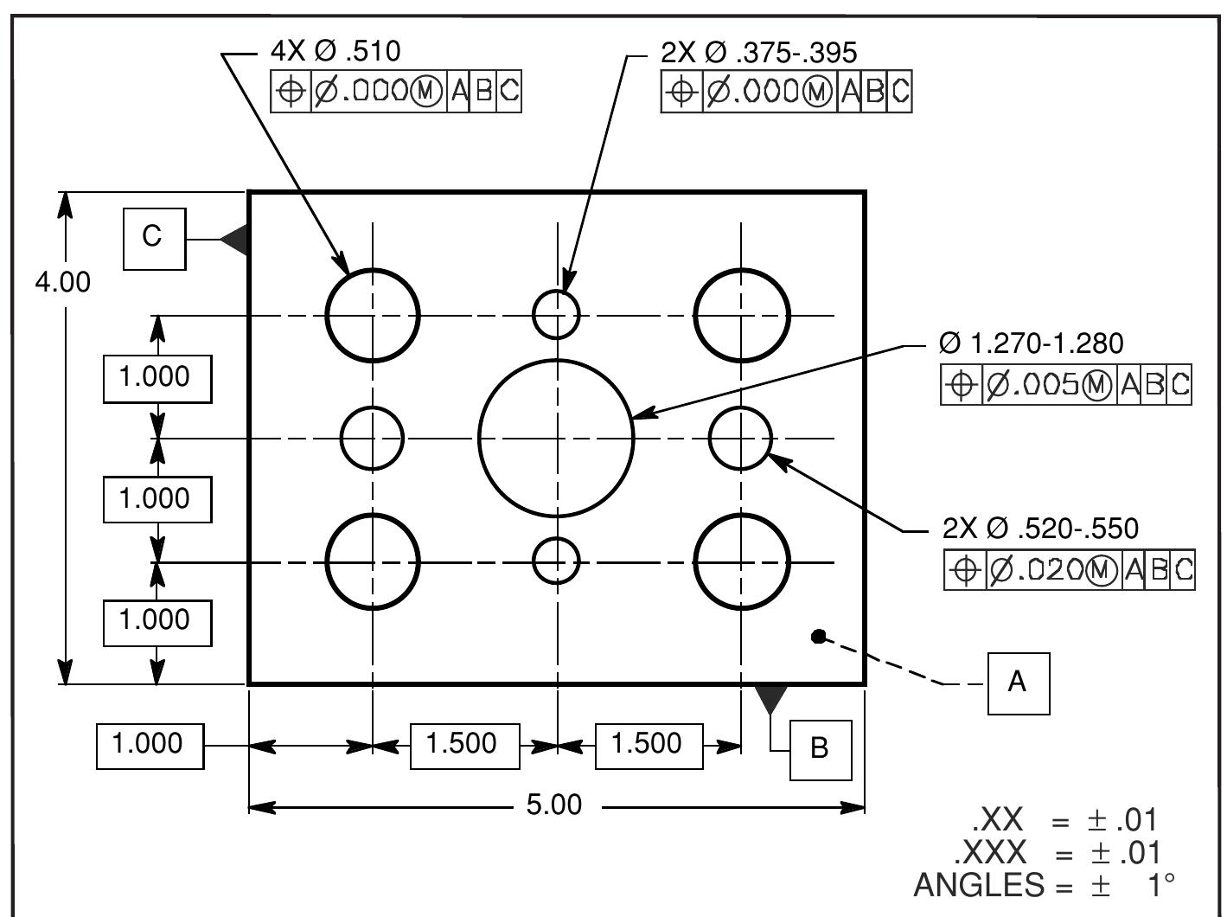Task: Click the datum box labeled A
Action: (1019, 683)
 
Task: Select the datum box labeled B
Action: (821, 749)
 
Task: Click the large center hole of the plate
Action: (557, 438)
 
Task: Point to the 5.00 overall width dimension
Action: (554, 805)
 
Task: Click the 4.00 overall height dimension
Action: (62, 282)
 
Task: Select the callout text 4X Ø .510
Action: (336, 51)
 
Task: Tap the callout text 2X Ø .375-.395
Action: (758, 53)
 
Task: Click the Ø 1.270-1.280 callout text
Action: (1031, 343)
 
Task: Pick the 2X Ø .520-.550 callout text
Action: (1040, 529)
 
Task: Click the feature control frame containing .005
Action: (1065, 385)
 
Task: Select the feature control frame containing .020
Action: (1069, 570)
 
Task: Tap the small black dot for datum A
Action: (818, 637)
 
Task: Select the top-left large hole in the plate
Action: (373, 315)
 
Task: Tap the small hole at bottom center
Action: (556, 561)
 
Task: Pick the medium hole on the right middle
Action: (740, 438)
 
